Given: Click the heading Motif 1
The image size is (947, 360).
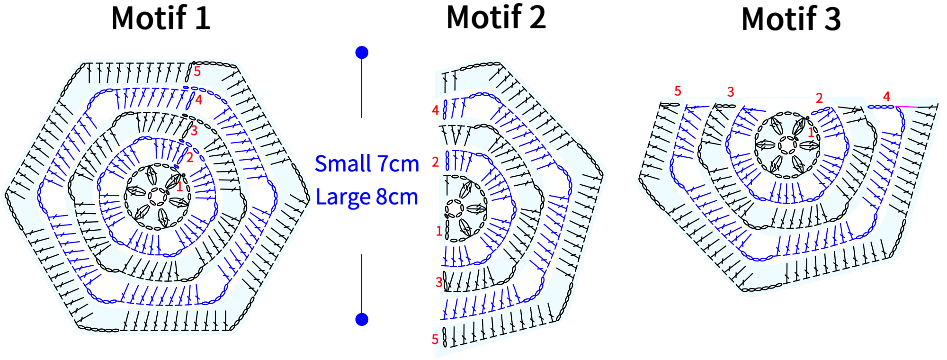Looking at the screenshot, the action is [161, 18].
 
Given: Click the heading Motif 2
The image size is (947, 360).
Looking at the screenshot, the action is [496, 17].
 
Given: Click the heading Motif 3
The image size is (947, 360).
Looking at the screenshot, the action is [791, 19].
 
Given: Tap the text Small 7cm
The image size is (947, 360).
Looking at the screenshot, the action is [367, 164].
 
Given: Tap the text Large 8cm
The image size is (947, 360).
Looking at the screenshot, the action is [367, 197].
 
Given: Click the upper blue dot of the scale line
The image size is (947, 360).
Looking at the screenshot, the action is [362, 52].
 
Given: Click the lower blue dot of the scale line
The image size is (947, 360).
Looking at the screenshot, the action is [362, 319].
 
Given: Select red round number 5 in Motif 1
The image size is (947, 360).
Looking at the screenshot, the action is [197, 72].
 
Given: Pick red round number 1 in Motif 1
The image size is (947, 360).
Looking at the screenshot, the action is [179, 187].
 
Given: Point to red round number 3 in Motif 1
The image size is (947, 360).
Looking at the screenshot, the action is [194, 131].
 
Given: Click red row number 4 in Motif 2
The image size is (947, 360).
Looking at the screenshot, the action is [436, 110].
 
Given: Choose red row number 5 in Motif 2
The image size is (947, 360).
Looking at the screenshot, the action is [435, 339].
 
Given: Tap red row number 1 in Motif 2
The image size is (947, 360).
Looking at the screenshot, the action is [439, 231].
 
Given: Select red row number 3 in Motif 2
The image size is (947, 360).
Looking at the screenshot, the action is [439, 282].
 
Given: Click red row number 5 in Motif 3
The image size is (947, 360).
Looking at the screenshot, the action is [678, 91].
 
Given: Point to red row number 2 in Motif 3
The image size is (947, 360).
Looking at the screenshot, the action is [819, 98].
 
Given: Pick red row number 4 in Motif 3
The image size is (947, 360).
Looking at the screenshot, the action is [887, 97].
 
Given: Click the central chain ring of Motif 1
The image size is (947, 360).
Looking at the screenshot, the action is [156, 197].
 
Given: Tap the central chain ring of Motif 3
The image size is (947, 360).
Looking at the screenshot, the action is [787, 145].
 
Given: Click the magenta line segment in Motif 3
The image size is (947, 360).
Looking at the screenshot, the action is [906, 107].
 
